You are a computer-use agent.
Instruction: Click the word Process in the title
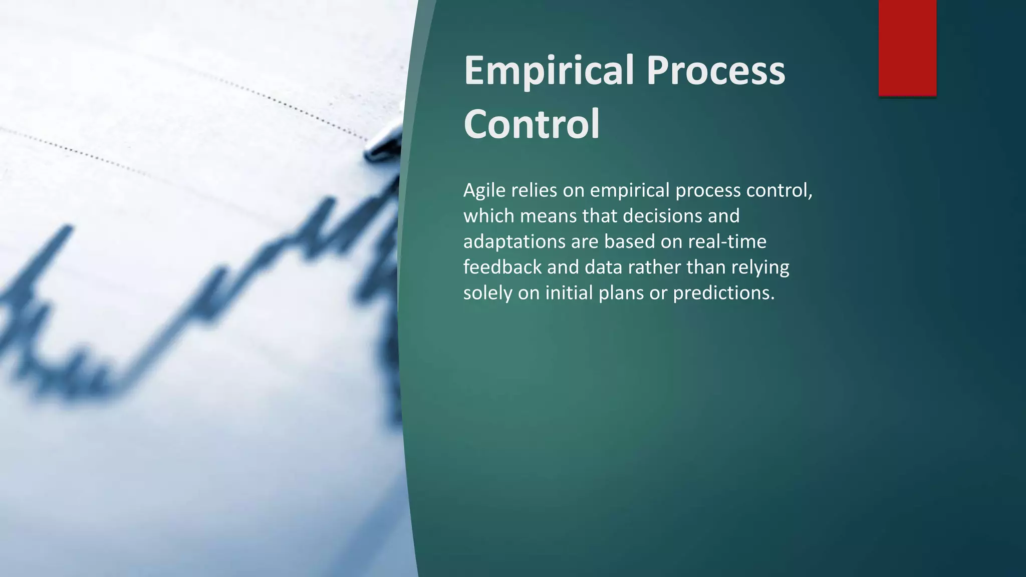(x=715, y=71)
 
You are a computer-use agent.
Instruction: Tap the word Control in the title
(x=532, y=124)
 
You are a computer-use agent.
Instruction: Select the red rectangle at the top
(x=907, y=48)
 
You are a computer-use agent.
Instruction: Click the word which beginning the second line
(x=488, y=216)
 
